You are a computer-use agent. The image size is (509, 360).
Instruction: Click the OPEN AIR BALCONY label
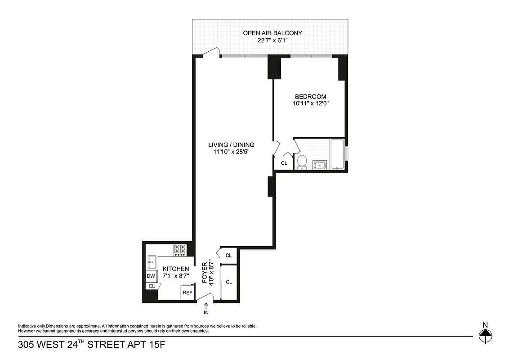pyautogui.click(x=272, y=33)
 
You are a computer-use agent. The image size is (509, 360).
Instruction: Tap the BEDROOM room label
pyautogui.click(x=310, y=96)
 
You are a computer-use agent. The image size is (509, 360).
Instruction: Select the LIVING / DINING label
pyautogui.click(x=231, y=145)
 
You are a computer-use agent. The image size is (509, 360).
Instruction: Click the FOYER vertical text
pyautogui.click(x=205, y=273)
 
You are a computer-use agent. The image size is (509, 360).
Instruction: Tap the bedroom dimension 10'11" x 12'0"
pyautogui.click(x=310, y=103)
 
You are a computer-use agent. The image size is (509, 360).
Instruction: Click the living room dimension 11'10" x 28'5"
pyautogui.click(x=231, y=152)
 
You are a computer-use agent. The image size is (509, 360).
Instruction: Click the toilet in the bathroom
pyautogui.click(x=302, y=162)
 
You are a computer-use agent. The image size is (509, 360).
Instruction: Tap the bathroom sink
pyautogui.click(x=320, y=165)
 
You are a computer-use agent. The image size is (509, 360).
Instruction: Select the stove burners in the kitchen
pyautogui.click(x=180, y=249)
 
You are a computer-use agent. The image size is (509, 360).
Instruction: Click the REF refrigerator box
pyautogui.click(x=187, y=293)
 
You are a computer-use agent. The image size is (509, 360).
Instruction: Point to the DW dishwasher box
pyautogui.click(x=151, y=276)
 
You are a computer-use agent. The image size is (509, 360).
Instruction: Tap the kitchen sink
pyautogui.click(x=151, y=261)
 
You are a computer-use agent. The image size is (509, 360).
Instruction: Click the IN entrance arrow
pyautogui.click(x=206, y=308)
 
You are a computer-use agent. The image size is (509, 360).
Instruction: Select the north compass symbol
pyautogui.click(x=485, y=333)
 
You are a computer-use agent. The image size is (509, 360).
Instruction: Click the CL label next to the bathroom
pyautogui.click(x=284, y=163)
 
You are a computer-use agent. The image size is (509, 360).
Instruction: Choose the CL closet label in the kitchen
pyautogui.click(x=152, y=286)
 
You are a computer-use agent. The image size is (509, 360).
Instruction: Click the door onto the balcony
pyautogui.click(x=210, y=53)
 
